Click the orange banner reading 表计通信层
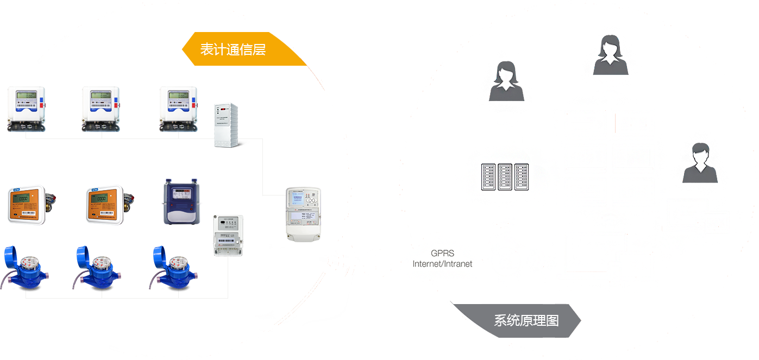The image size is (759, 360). pyautogui.click(x=239, y=49)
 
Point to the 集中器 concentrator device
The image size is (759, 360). pyautogui.click(x=303, y=214)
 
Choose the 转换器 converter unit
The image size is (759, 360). pyautogui.click(x=228, y=235)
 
